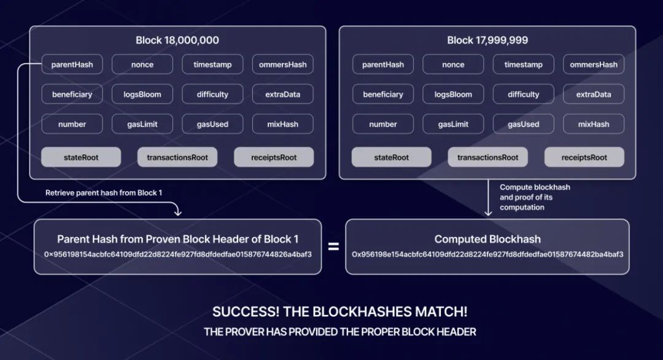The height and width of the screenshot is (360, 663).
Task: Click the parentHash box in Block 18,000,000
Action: click(72, 65)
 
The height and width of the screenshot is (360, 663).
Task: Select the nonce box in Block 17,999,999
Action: click(453, 65)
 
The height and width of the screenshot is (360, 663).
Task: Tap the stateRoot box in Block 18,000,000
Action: click(81, 157)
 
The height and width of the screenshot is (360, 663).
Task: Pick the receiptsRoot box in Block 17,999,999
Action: click(584, 157)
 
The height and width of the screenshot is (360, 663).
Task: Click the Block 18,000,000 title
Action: click(177, 41)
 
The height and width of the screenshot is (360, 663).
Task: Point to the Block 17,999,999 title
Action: click(487, 41)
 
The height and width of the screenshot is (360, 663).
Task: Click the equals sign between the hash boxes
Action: click(333, 247)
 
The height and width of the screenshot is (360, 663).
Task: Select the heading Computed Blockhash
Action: click(487, 239)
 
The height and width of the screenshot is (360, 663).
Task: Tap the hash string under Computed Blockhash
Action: click(487, 254)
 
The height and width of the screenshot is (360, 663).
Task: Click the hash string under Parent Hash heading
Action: click(177, 254)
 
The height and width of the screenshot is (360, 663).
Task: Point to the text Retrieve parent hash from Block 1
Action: click(103, 193)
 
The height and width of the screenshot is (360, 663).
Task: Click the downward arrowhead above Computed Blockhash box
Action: click(488, 213)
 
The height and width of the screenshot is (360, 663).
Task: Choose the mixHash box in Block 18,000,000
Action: click(283, 124)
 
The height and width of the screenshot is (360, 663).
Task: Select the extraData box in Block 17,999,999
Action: click(594, 95)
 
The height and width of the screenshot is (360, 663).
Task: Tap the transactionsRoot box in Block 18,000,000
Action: click(177, 157)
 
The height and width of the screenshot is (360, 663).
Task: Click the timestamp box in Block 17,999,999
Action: click(523, 65)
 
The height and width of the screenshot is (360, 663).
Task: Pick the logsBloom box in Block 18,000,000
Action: click(142, 95)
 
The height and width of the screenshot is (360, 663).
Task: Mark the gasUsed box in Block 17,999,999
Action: click(523, 124)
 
